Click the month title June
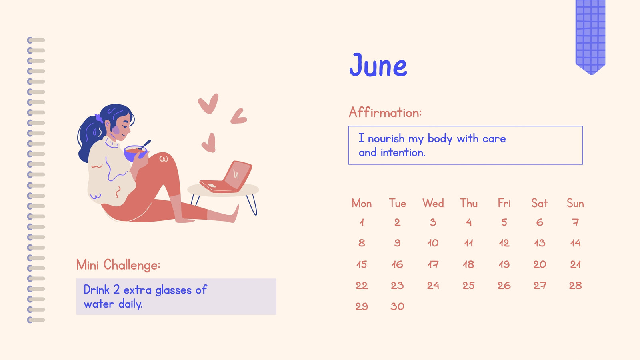(378, 65)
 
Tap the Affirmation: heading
(385, 112)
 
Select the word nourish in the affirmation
(386, 138)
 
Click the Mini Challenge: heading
(118, 265)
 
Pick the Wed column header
(433, 204)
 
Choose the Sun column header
(575, 204)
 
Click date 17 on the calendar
(433, 264)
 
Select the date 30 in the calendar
(397, 306)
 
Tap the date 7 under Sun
(576, 222)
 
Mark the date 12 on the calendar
(504, 243)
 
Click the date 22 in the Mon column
(362, 286)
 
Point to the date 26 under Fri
(504, 286)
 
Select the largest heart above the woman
(208, 104)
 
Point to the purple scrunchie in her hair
(99, 118)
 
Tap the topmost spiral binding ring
(36, 40)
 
